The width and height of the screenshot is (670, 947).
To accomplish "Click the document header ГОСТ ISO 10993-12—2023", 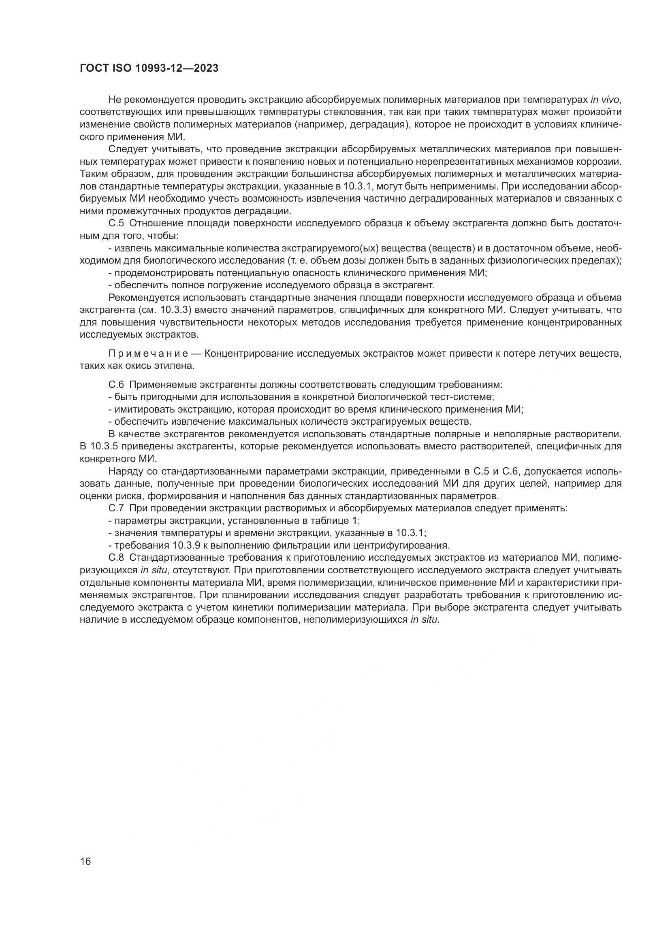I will (x=149, y=68).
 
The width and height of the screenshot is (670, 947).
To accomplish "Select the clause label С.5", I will (x=116, y=223).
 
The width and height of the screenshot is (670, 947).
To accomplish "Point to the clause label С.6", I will (x=116, y=385).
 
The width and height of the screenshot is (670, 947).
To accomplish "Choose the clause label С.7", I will (x=116, y=508).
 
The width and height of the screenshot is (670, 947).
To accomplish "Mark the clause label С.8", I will (x=116, y=558).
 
